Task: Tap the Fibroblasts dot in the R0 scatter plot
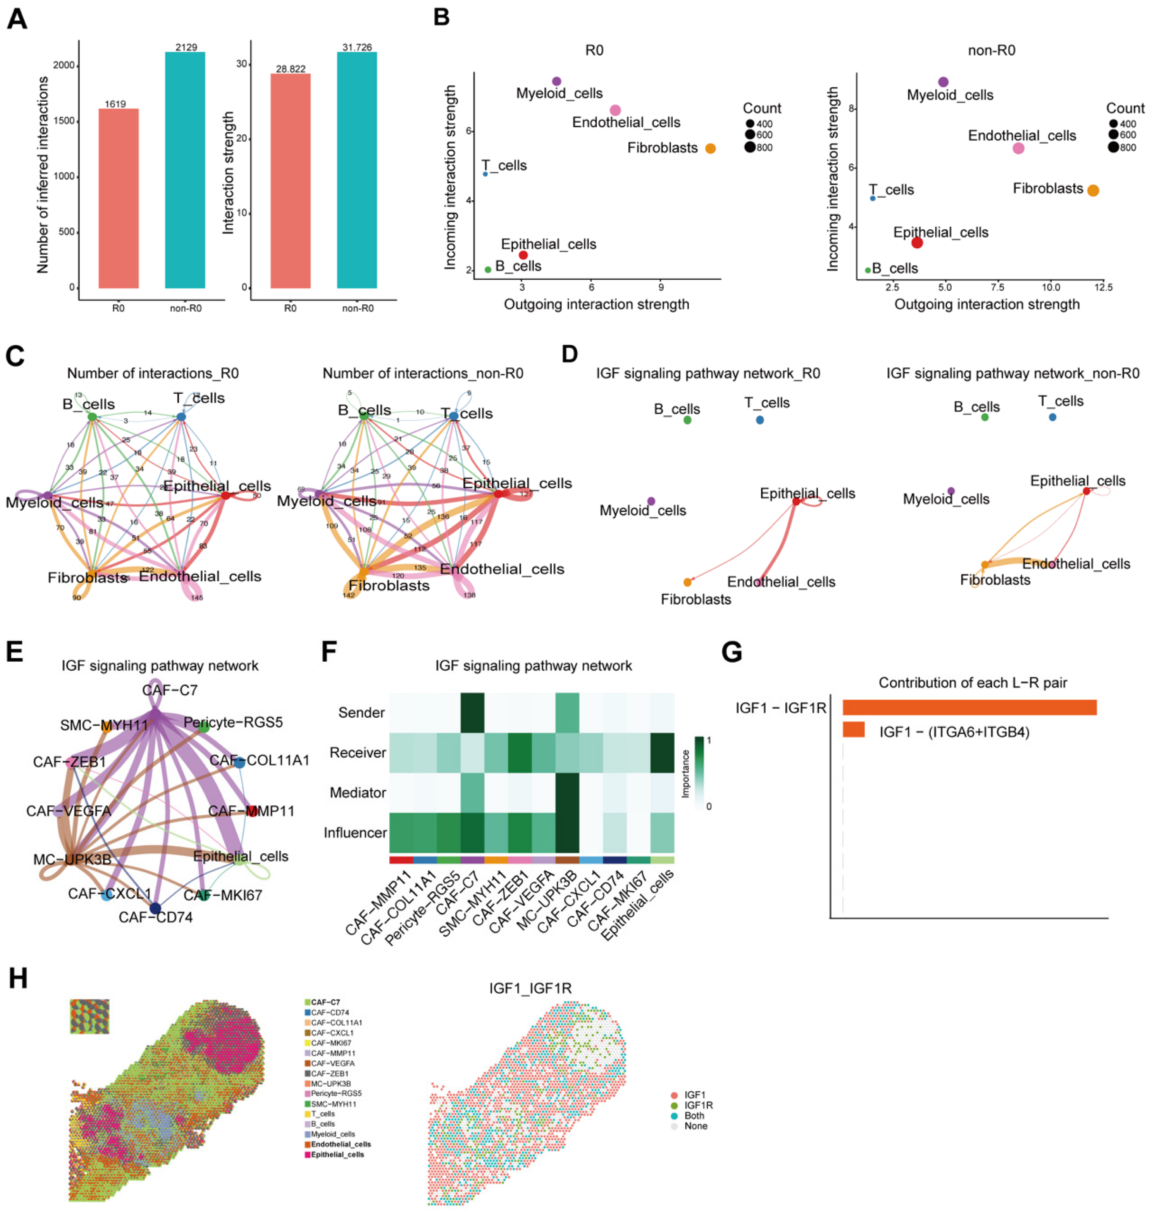710,148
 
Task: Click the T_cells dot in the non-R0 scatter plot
873,199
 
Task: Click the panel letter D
570,355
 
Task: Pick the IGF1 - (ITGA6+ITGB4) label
954,732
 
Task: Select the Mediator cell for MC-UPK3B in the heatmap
568,792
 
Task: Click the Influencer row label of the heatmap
355,832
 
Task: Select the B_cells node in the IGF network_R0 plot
687,420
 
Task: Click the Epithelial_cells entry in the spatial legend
337,1154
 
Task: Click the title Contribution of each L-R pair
972,682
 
